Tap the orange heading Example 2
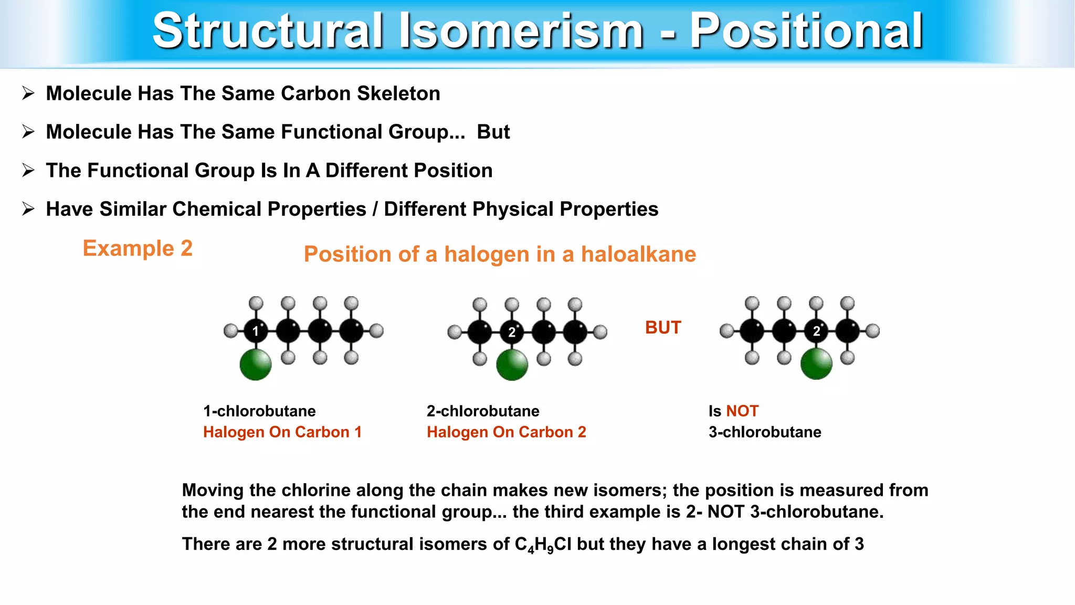tap(138, 248)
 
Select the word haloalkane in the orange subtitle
tap(638, 254)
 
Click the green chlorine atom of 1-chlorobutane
tap(256, 364)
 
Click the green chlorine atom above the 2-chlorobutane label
tap(512, 364)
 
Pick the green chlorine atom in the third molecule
tap(816, 363)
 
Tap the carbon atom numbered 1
tap(256, 331)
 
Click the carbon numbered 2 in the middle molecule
tap(512, 332)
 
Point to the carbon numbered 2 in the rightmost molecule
tap(816, 331)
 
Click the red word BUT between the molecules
tap(663, 328)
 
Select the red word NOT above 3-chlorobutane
tap(742, 411)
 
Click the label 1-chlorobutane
tap(259, 411)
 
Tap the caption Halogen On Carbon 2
tap(506, 432)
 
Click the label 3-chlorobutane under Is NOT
tap(765, 432)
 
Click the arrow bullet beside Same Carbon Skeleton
tap(28, 93)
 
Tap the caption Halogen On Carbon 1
tap(282, 432)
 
